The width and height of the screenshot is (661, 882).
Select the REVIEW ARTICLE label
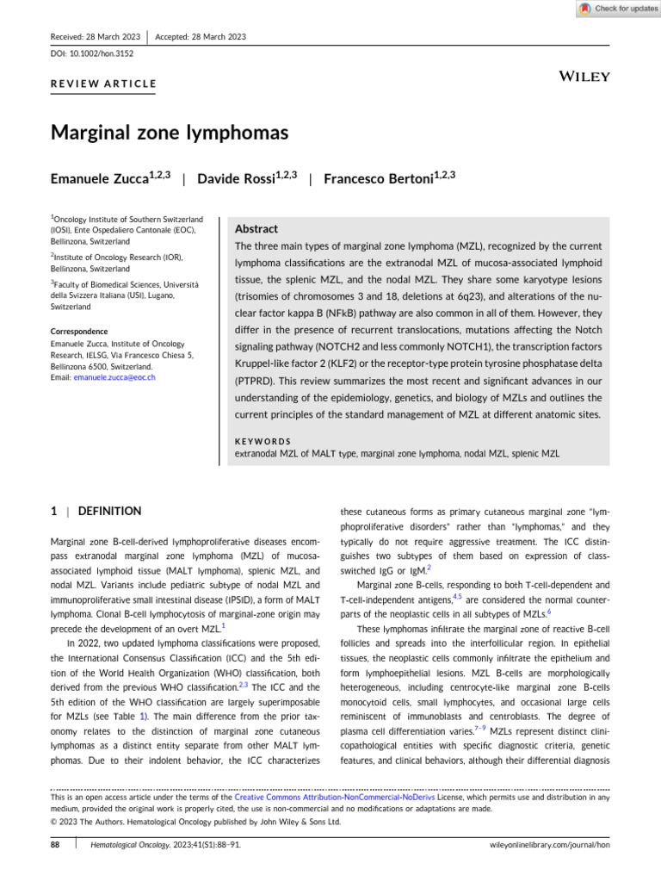(104, 84)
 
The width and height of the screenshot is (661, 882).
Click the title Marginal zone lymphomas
(170, 133)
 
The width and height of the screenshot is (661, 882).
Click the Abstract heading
(256, 229)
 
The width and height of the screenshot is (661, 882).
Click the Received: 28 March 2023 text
(95, 36)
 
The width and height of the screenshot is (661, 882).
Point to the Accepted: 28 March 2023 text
(201, 36)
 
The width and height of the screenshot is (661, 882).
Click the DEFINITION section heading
(109, 511)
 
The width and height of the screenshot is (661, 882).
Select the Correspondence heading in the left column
(79, 331)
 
